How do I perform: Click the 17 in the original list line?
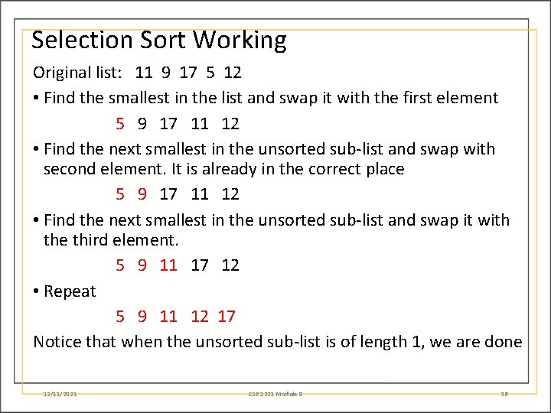click(x=187, y=73)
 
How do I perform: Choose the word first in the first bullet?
click(x=430, y=98)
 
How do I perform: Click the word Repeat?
click(x=70, y=291)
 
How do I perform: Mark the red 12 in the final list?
click(x=199, y=316)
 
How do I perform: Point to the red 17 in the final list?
click(x=226, y=316)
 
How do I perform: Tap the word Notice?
click(x=57, y=342)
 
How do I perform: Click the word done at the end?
click(x=504, y=342)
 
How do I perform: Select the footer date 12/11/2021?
click(x=60, y=394)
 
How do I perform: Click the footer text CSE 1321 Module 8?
click(x=275, y=394)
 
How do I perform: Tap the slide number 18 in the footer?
click(x=504, y=394)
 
